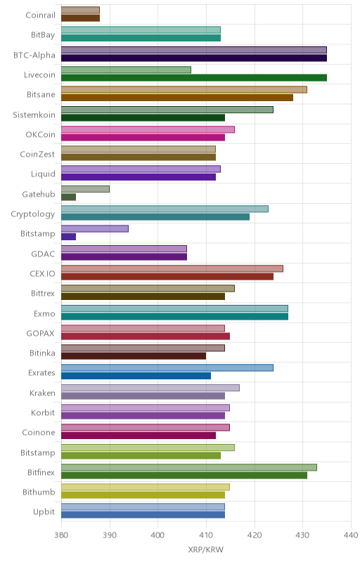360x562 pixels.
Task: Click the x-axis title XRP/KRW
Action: point(205,550)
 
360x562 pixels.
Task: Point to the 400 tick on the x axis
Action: point(157,535)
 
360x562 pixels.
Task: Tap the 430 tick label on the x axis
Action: point(302,535)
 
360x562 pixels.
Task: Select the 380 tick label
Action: point(61,535)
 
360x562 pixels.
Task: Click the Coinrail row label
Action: point(41,15)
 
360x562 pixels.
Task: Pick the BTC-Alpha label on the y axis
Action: point(34,55)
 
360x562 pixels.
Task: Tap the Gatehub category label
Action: point(39,195)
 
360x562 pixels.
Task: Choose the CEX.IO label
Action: point(43,274)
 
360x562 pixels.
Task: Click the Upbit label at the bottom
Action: point(44,512)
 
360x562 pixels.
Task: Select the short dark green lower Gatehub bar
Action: point(68,197)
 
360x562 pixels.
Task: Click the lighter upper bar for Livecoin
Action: point(127,70)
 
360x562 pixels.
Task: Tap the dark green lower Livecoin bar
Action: point(194,78)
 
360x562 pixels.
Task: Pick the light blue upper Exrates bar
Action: point(167,367)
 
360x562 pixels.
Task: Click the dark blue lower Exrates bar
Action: point(136,376)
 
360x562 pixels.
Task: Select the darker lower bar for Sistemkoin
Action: point(143,117)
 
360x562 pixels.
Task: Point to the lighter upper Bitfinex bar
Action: point(189,467)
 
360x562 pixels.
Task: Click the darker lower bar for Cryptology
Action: point(155,217)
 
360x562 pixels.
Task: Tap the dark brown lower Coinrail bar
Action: point(80,18)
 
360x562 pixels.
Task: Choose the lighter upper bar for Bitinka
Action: point(143,348)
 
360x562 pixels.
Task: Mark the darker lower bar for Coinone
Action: point(139,436)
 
